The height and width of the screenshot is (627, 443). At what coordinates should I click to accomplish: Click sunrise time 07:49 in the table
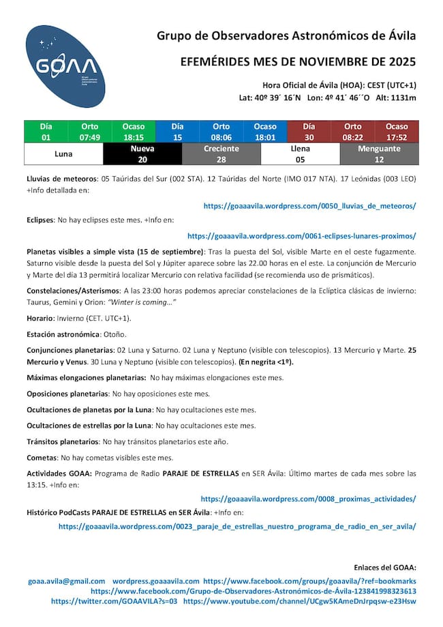click(x=89, y=137)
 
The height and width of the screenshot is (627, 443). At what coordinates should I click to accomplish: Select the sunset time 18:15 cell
click(x=134, y=137)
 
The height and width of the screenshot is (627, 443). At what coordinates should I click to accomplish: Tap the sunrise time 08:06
click(x=221, y=137)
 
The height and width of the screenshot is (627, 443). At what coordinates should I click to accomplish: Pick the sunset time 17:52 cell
click(x=397, y=137)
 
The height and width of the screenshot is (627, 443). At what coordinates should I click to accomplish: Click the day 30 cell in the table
click(x=309, y=137)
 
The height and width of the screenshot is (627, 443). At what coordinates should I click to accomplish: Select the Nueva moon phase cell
click(x=142, y=154)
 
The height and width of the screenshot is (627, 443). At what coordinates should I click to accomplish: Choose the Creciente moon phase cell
click(x=221, y=154)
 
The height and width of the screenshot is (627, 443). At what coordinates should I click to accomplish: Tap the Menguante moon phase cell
click(x=379, y=154)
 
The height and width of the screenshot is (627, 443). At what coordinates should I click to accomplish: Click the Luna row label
click(x=63, y=154)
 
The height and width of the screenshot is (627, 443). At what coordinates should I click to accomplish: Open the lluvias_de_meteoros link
click(x=310, y=205)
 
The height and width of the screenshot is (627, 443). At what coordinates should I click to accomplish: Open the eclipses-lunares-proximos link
click(x=301, y=236)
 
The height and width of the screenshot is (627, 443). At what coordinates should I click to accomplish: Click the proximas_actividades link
click(x=308, y=499)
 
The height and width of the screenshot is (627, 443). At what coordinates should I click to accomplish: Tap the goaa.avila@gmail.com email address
click(x=67, y=581)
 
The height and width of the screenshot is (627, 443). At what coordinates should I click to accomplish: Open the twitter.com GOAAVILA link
click(x=114, y=601)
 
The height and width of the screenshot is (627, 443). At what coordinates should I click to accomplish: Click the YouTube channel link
click(x=300, y=601)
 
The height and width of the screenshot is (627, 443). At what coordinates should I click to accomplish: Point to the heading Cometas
click(x=42, y=458)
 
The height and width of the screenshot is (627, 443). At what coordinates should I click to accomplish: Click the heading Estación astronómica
click(x=63, y=334)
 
